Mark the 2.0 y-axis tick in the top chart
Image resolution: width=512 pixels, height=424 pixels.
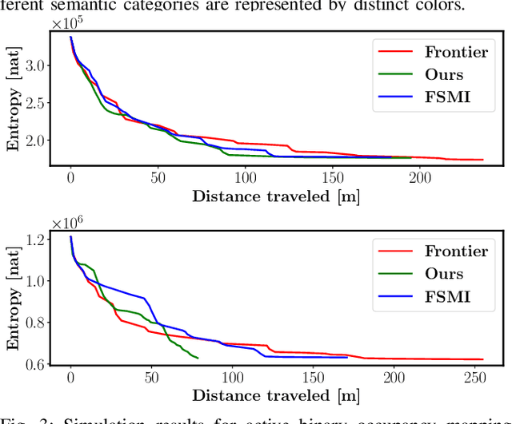pyautogui.click(x=35, y=141)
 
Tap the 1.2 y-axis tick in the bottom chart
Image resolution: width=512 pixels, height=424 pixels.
pyautogui.click(x=35, y=240)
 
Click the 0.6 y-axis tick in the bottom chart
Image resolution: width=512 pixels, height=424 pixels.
pyautogui.click(x=35, y=364)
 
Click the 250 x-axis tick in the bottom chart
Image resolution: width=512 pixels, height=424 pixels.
pyautogui.click(x=475, y=376)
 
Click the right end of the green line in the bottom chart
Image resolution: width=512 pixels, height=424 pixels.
pyautogui.click(x=198, y=359)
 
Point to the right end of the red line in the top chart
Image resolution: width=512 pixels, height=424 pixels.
pyautogui.click(x=483, y=160)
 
